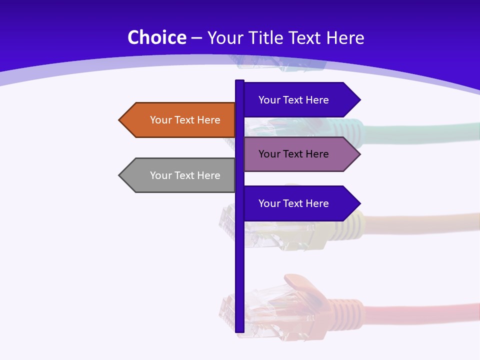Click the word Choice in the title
point(156,38)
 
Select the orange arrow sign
point(180,120)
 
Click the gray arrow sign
point(180,175)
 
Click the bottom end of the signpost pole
point(239,330)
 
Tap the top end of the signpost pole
point(239,81)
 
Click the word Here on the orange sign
point(208,120)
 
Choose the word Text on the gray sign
point(184,175)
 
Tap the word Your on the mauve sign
point(269,154)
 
